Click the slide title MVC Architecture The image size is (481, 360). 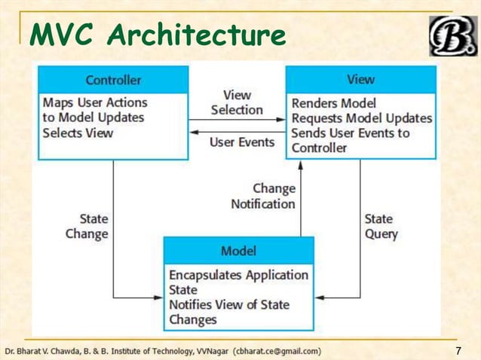(158, 35)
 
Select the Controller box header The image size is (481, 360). (113, 80)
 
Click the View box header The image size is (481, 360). (360, 79)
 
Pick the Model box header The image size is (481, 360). (238, 250)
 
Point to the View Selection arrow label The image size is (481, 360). (237, 102)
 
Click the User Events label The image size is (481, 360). (242, 142)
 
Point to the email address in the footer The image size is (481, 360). (277, 351)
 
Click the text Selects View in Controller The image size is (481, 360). (78, 133)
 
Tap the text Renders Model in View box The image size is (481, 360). (333, 103)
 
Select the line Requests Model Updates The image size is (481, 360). (362, 118)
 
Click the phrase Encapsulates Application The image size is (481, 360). (238, 275)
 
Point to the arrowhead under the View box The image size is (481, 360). (301, 163)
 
